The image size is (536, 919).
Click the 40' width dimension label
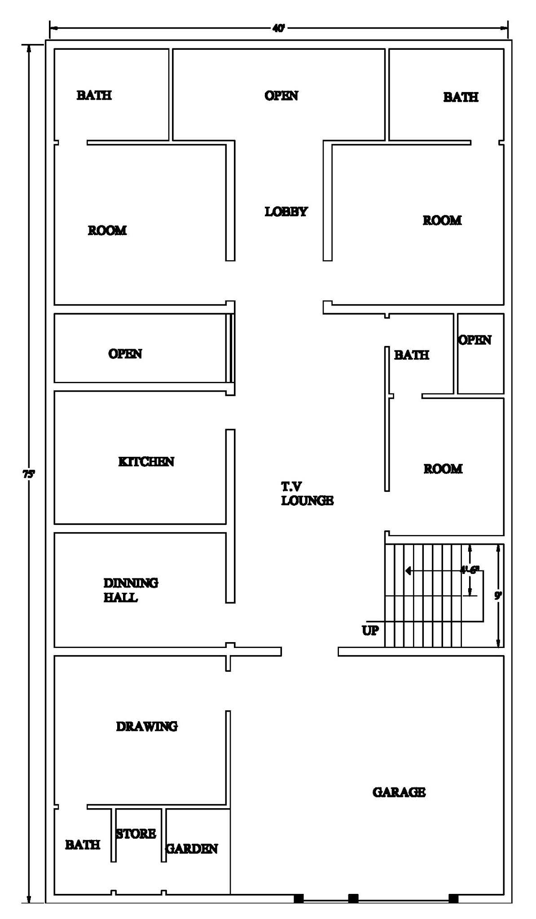278,28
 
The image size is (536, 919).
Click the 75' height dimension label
28,473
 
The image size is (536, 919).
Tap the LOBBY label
286,212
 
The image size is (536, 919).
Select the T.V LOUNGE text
307,494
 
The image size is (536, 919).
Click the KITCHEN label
146,462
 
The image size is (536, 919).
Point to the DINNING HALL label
130,590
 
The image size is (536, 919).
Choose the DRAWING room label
147,726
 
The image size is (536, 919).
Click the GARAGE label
399,792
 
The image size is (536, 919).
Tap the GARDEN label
192,849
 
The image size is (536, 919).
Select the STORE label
136,834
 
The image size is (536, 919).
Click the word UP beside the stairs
370,630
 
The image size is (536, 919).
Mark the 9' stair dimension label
498,595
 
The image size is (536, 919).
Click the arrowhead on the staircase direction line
408,571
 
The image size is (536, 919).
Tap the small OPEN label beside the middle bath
474,340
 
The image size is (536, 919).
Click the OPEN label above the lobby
281,96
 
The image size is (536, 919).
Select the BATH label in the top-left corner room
94,95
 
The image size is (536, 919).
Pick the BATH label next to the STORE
83,845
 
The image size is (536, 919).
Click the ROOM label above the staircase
443,469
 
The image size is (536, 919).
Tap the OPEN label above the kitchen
125,354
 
